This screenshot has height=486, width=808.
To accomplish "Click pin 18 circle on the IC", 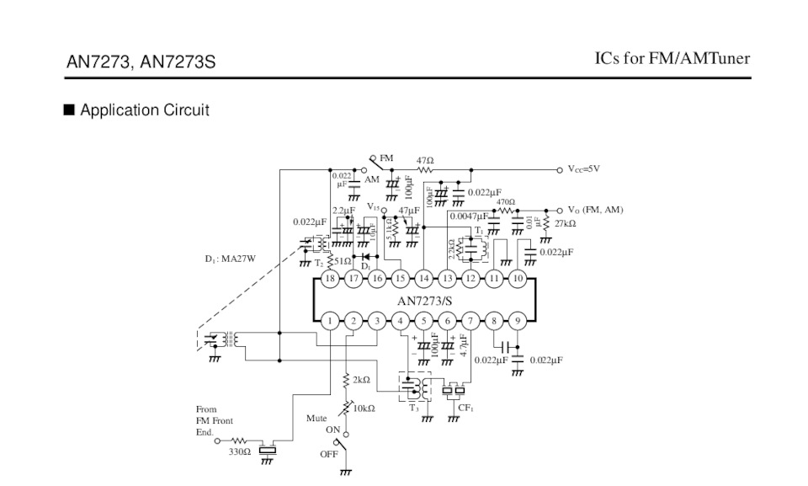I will pos(330,279).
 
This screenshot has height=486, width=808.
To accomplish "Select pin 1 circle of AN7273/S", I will pos(330,321).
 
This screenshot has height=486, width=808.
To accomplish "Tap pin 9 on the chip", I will pos(518,321).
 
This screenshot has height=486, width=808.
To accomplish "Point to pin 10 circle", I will pos(518,279).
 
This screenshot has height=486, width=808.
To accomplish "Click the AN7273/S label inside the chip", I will pos(425,300).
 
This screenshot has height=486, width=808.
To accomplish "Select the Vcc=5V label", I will pos(584,169).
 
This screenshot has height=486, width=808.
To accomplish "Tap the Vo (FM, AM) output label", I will pos(596,210).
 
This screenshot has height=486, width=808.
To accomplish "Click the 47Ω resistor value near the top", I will pos(425,160).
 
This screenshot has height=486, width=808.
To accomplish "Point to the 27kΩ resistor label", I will pos(565,224).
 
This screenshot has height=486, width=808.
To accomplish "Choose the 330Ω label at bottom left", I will pos(240,452).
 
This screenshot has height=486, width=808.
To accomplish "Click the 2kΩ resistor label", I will pos(361,380).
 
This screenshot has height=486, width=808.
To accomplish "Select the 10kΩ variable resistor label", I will pos(364,409).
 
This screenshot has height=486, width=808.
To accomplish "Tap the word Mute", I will pos(316,418).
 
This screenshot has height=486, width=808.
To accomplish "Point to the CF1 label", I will pos(465,409).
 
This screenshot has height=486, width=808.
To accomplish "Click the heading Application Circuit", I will pos(144,110).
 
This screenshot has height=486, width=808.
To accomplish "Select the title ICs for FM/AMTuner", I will pos(672,58).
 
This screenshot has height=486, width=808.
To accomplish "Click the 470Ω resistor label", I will pos(505,202).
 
